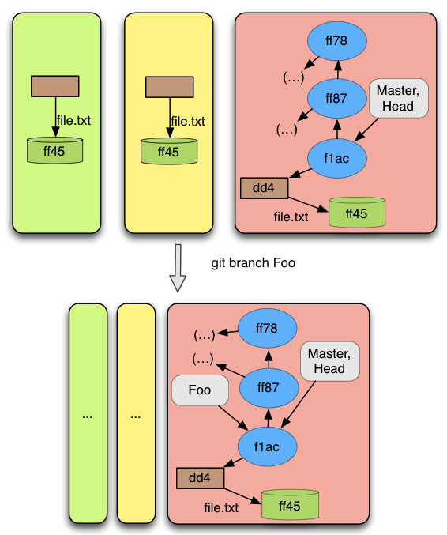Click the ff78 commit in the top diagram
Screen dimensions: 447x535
(x=337, y=41)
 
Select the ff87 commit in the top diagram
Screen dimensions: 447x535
(x=337, y=99)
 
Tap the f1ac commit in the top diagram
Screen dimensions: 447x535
(x=337, y=158)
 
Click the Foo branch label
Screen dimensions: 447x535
(x=200, y=390)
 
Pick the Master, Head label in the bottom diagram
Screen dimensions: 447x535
(x=329, y=361)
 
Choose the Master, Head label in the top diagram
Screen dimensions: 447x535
(x=399, y=98)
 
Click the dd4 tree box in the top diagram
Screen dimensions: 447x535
(x=264, y=188)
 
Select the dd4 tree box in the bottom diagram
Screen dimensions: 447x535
(x=200, y=478)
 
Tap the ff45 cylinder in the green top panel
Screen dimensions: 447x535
(x=55, y=150)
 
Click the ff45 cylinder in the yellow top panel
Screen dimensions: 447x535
(x=169, y=151)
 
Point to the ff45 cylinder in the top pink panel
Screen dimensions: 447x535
(x=357, y=213)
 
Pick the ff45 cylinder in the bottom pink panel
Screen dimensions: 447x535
(x=290, y=504)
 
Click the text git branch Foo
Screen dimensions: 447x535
(x=253, y=263)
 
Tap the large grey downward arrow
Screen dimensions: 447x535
(x=178, y=268)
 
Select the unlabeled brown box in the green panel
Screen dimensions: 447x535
(x=55, y=86)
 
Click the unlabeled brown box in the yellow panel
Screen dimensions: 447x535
(x=170, y=87)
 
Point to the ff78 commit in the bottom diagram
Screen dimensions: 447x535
(x=267, y=329)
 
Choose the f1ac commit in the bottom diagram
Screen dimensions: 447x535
(x=267, y=446)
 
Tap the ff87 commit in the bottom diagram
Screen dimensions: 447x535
(x=269, y=388)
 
